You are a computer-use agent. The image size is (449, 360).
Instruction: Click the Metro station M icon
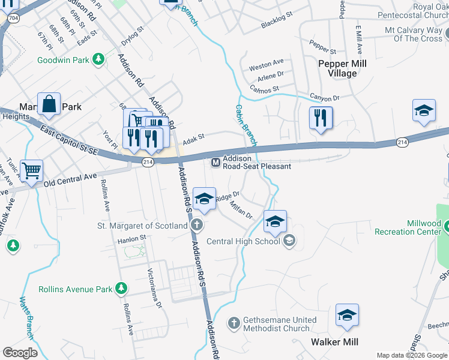tap(215, 162)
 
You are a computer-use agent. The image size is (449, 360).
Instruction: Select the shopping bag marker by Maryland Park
tap(49, 104)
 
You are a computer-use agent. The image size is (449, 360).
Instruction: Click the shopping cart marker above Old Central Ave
tap(31, 170)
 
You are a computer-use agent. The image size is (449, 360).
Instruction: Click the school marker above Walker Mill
tap(347, 315)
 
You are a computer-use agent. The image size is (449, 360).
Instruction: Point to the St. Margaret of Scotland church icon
tap(196, 226)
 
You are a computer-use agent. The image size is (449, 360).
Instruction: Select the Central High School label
tap(243, 241)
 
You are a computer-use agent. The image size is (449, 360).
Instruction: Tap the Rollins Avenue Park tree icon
tap(122, 289)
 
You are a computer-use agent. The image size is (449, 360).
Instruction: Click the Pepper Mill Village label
tap(342, 68)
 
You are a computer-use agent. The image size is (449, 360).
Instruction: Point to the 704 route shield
tap(13, 19)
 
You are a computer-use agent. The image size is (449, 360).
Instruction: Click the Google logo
tap(20, 352)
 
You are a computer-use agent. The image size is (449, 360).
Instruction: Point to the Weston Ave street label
tap(266, 62)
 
